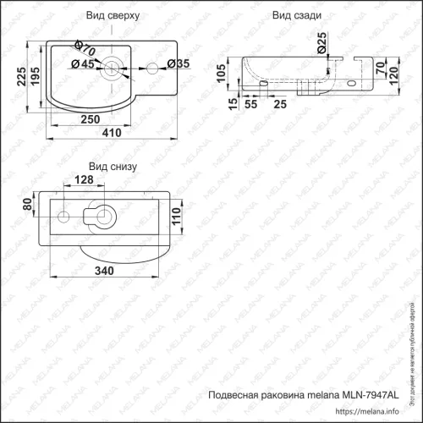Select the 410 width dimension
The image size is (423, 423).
coord(112,134)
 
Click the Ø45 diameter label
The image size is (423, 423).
coord(81,64)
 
